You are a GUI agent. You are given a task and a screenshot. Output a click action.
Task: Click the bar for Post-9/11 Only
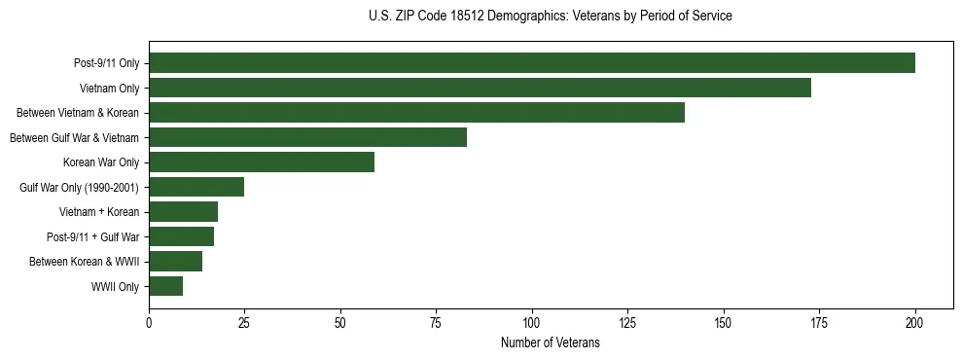tap(531, 63)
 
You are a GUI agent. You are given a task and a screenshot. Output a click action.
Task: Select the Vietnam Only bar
tap(480, 88)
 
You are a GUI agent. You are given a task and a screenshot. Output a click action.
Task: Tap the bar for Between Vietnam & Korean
tap(416, 113)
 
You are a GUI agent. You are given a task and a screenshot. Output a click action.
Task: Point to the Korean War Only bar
tap(262, 162)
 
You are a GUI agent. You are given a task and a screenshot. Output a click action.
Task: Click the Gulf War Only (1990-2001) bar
tap(196, 187)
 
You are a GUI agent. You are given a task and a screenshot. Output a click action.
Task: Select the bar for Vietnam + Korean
tap(183, 212)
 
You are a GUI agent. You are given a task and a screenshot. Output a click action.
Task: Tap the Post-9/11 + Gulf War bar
tap(181, 236)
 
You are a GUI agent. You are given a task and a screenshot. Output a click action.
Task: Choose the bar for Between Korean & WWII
tap(175, 261)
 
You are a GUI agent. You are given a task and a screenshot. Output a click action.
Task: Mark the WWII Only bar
tap(165, 286)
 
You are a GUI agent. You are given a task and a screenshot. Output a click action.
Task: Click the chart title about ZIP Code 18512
tap(551, 17)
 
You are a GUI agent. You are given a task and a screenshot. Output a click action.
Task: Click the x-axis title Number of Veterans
tap(551, 343)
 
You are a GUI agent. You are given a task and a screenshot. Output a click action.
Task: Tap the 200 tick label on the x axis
tap(915, 322)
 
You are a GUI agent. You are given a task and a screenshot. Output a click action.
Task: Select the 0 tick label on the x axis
tap(149, 322)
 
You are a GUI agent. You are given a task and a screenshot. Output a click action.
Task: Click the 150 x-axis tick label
tap(724, 322)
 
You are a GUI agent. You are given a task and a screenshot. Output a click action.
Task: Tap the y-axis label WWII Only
tap(115, 287)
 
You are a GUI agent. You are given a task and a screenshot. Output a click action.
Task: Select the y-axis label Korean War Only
tap(101, 162)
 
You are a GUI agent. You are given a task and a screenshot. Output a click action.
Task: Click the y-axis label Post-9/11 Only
tap(106, 64)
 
